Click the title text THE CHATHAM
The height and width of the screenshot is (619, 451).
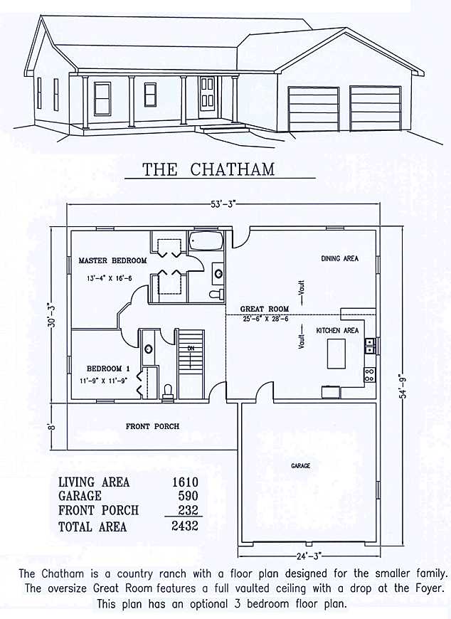pyautogui.click(x=208, y=169)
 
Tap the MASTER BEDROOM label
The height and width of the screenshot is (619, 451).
pyautogui.click(x=112, y=261)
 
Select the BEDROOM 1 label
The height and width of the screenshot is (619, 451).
pyautogui.click(x=108, y=369)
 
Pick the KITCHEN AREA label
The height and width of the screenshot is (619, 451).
pyautogui.click(x=337, y=331)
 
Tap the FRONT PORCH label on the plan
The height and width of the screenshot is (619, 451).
pyautogui.click(x=152, y=426)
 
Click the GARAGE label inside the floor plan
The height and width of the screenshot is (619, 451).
pyautogui.click(x=300, y=466)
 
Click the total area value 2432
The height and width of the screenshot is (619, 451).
pyautogui.click(x=184, y=527)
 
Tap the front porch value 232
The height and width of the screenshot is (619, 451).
pyautogui.click(x=186, y=510)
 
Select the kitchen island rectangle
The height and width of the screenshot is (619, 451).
pyautogui.click(x=336, y=353)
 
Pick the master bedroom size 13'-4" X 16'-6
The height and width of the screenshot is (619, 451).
pyautogui.click(x=112, y=278)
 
